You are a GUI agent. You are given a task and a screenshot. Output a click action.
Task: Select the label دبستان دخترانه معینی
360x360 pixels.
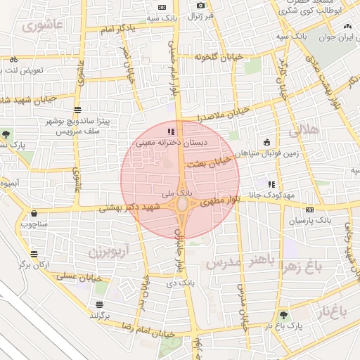coord(169,143)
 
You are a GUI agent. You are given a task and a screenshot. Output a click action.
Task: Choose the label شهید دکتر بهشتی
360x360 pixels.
coord(130,207)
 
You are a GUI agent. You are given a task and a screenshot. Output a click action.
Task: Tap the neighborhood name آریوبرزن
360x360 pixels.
coord(109,250)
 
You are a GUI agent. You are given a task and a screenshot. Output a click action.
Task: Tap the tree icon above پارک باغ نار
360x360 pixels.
coord(283,316)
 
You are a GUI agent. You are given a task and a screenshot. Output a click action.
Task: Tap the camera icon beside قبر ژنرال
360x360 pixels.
coord(200,6)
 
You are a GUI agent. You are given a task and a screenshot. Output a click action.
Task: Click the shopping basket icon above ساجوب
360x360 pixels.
coord(33,214)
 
